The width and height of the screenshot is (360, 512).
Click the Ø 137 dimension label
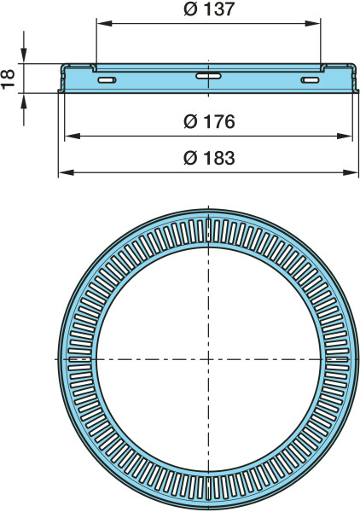[209, 9]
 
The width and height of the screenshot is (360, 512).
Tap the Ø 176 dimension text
[209, 121]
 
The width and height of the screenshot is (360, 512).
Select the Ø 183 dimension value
[209, 158]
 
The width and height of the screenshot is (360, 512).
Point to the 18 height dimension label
[8, 79]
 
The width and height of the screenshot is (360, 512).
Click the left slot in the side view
[107, 80]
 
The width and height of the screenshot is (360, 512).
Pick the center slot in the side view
[208, 76]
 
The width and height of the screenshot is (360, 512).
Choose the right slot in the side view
[310, 80]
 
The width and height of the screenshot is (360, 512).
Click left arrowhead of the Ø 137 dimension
[104, 24]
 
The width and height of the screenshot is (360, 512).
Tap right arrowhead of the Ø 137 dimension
[312, 24]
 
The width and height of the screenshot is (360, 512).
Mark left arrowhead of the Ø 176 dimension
[73, 136]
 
